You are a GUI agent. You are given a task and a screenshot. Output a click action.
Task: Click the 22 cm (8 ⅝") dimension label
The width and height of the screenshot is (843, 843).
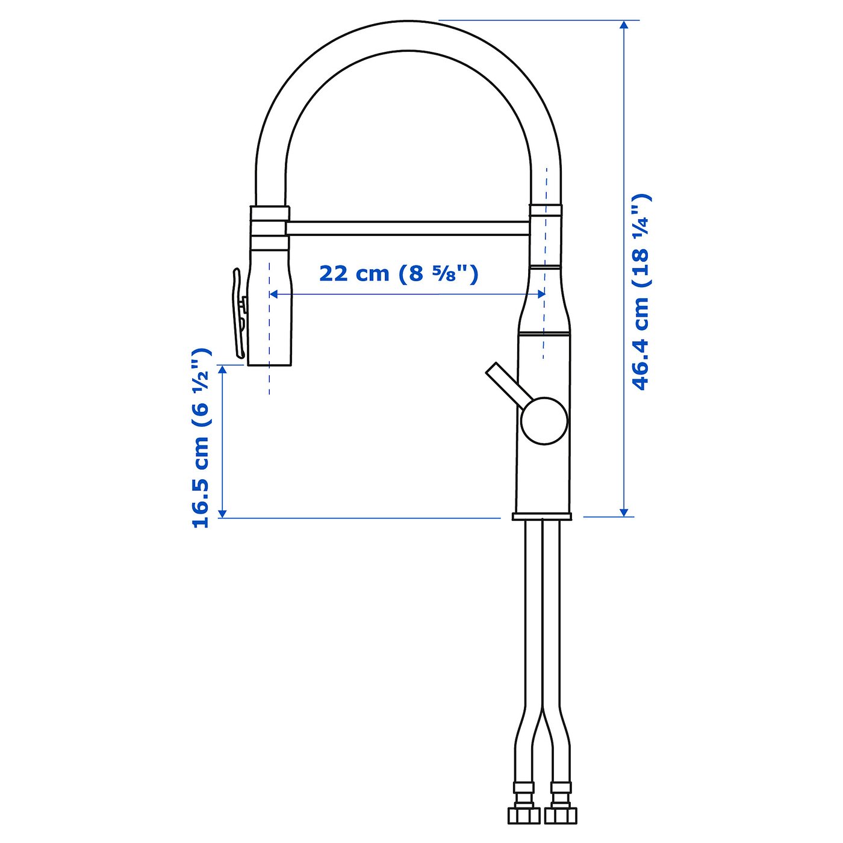click(398, 273)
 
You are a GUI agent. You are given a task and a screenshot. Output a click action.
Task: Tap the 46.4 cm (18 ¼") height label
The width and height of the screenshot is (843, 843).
click(641, 292)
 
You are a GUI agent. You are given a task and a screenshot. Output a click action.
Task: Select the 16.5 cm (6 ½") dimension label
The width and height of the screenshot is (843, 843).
click(201, 438)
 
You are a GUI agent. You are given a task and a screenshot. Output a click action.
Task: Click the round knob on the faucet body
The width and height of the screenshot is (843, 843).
click(544, 420)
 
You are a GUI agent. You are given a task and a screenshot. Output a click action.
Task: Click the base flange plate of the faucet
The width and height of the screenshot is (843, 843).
click(542, 516)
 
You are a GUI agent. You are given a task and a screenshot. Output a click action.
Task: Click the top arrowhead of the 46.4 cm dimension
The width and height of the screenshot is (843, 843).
click(624, 25)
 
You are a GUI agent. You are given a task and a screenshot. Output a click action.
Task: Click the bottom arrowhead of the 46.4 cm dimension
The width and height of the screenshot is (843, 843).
click(624, 511)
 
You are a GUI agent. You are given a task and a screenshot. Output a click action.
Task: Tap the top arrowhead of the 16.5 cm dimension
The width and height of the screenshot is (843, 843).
click(222, 370)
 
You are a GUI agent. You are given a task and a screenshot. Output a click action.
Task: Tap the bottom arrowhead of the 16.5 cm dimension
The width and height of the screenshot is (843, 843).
click(222, 512)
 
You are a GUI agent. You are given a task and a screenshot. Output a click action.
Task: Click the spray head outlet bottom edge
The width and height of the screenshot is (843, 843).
click(270, 364)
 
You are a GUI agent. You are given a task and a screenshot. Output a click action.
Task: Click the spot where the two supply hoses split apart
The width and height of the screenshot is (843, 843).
click(543, 711)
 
